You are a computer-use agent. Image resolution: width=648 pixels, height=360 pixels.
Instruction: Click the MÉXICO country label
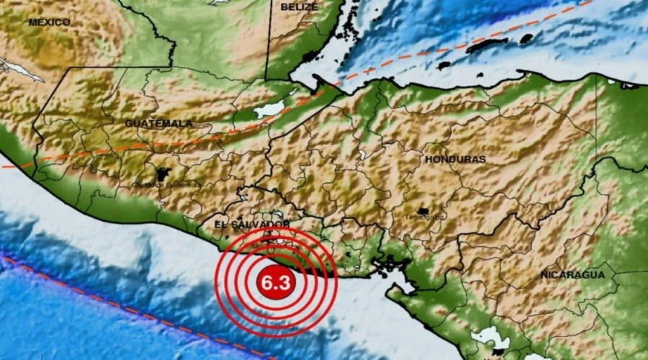pos(50,22)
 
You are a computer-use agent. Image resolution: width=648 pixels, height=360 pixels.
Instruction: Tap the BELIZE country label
pos(300,7)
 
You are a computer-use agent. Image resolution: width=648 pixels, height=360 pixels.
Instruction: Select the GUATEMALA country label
pos(158,123)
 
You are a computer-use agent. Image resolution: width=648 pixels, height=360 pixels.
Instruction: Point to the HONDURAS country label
pos(455,158)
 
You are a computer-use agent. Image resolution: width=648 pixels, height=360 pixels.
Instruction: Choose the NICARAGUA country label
pos(573,275)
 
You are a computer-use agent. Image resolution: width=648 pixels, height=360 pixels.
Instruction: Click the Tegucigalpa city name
pos(425,217)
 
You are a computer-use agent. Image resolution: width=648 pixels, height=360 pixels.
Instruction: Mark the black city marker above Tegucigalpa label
pos(424,211)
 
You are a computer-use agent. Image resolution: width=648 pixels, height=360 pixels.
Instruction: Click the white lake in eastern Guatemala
pos(269,109)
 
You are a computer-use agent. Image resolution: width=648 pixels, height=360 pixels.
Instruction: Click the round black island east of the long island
pos(526,38)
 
